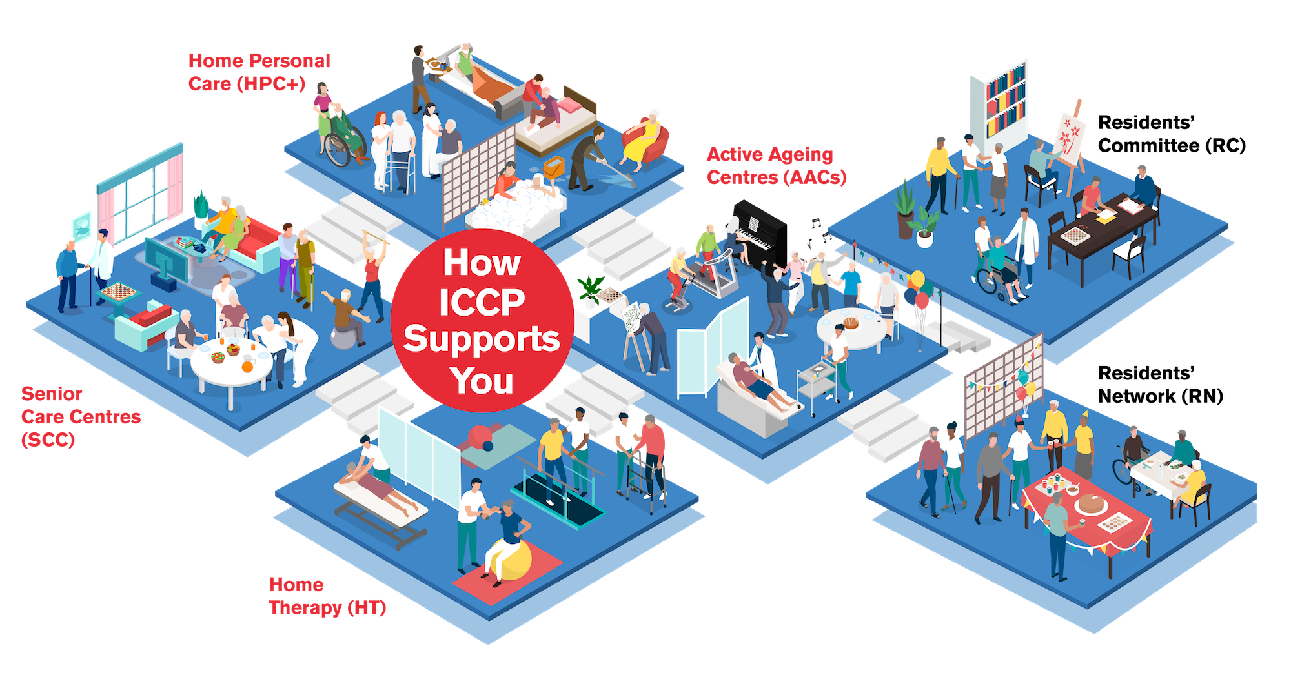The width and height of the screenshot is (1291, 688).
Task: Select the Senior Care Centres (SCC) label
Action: [80, 416]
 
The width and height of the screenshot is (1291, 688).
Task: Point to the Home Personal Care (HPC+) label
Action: [259, 72]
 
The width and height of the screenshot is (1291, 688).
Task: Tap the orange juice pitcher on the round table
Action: [248, 364]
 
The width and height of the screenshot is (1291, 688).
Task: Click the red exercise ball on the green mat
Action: [481, 438]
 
